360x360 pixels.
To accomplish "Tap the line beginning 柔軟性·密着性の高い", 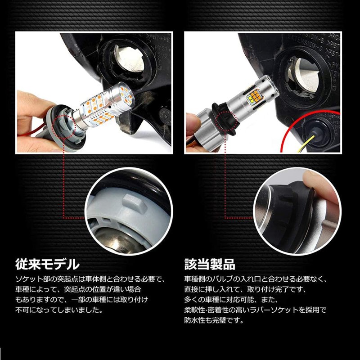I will point(255,310).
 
